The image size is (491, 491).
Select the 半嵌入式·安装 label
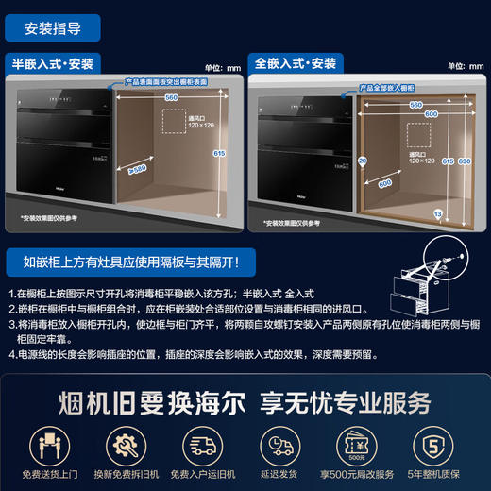[x=53, y=64]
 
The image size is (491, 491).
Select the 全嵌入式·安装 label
[x=295, y=64]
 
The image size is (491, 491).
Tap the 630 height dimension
[x=464, y=161]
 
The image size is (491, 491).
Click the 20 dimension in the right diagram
[x=363, y=161]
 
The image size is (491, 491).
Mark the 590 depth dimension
[x=384, y=184]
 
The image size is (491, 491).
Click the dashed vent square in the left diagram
[x=175, y=124]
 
